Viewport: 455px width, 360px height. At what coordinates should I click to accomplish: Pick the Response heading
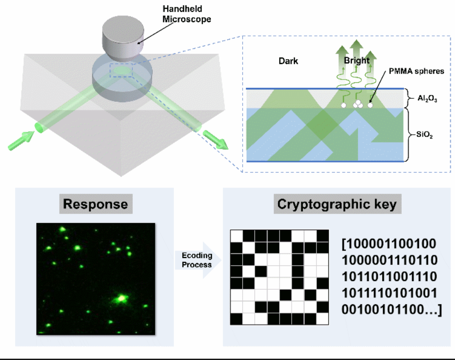click(x=95, y=204)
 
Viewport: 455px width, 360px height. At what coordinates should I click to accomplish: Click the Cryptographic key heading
click(x=336, y=204)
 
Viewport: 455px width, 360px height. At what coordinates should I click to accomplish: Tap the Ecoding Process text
click(x=197, y=260)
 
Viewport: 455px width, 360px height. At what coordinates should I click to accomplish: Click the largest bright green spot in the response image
click(x=120, y=297)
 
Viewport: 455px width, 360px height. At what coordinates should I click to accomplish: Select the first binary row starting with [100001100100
click(x=389, y=243)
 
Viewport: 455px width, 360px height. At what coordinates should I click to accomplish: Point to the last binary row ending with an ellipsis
click(x=391, y=310)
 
